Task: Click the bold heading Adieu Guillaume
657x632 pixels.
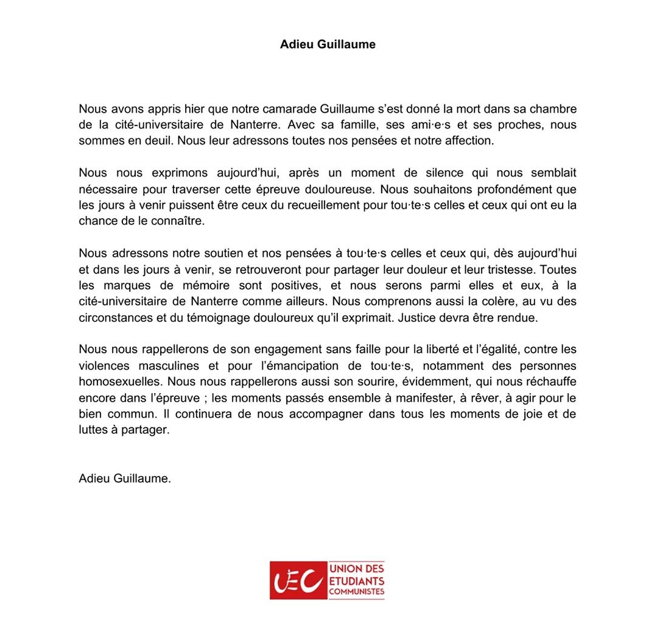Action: click(328, 44)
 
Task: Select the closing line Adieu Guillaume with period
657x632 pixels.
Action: click(125, 478)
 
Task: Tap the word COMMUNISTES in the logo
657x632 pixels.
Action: click(357, 591)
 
